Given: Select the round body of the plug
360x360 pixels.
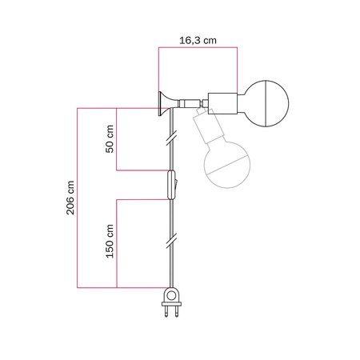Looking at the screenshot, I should click(170, 296).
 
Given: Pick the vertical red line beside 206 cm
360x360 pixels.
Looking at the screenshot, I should click(77, 197).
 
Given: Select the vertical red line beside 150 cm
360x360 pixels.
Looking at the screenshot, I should click(118, 242).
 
